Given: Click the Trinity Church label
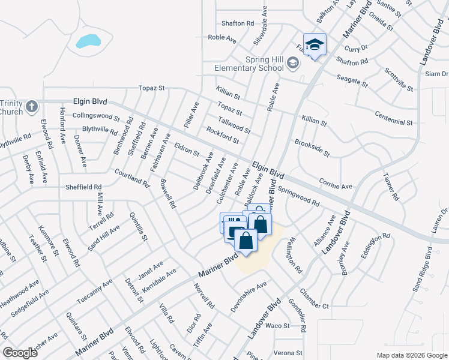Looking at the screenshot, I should pos(11,107).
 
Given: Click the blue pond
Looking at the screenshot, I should pos(88,41).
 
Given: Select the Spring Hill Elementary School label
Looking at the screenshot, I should pos(249,64).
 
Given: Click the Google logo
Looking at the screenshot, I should pos(20,353).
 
